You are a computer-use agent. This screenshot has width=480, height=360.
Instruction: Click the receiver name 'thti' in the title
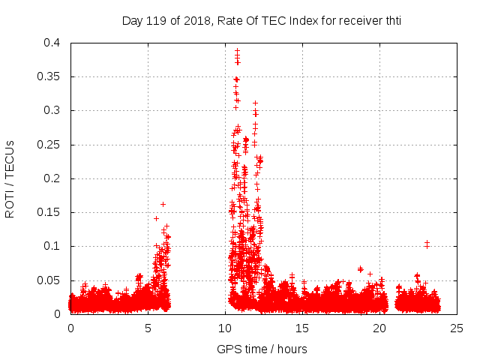point(391,21)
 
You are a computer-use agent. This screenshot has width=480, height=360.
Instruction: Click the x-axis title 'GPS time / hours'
point(262,349)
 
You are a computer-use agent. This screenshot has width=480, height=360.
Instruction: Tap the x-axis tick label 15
point(302,328)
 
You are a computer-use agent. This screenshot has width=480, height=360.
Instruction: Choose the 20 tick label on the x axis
point(379,328)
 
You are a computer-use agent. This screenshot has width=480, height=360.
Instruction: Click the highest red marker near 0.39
point(237,51)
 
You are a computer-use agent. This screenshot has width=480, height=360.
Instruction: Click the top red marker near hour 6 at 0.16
point(163,204)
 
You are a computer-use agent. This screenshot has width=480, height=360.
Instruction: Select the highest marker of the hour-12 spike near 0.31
point(255,103)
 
